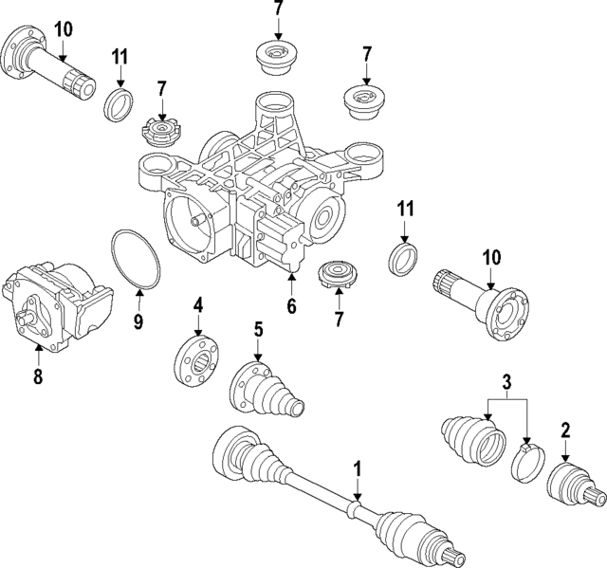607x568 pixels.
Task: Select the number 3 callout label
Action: [507, 382]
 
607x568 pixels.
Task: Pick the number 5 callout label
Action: [257, 330]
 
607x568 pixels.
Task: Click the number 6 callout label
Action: [292, 306]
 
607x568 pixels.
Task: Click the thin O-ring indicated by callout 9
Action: [132, 256]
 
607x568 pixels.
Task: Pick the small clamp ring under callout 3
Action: [526, 463]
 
